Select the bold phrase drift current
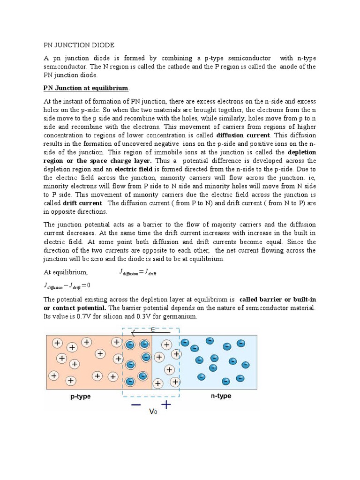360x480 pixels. [82, 203]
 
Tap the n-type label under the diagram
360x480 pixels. [221, 397]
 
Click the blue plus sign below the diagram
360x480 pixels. [166, 404]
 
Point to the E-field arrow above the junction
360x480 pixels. [150, 333]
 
